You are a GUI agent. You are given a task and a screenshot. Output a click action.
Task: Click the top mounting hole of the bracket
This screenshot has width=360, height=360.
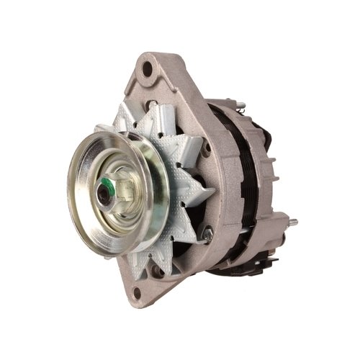[147, 70]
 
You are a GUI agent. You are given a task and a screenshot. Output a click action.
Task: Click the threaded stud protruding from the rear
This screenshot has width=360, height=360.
[291, 221]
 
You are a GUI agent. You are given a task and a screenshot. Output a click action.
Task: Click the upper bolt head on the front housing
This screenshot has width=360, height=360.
[207, 148]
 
